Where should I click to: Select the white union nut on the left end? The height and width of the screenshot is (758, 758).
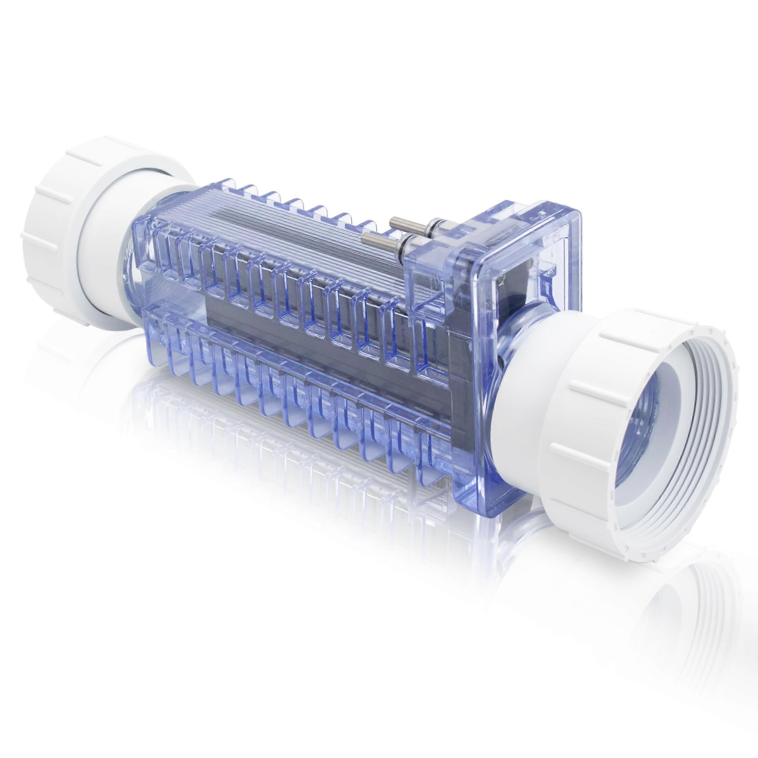tap(59, 204)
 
